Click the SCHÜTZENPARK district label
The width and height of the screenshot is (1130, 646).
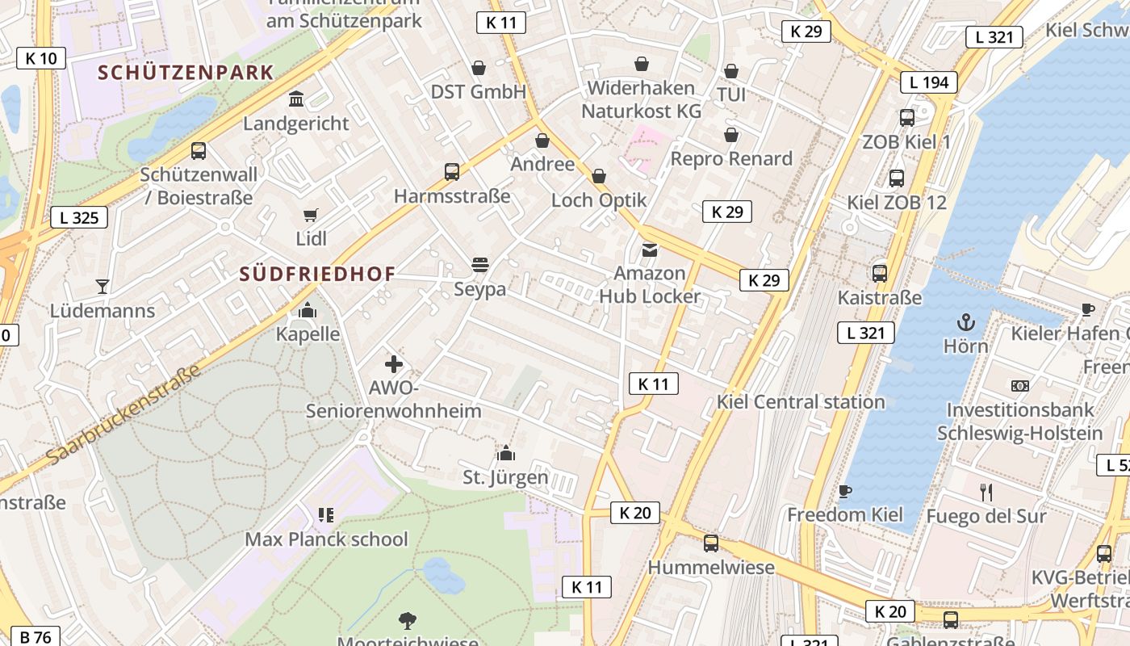[x=186, y=73]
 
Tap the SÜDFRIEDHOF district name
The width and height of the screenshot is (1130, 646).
[x=317, y=274]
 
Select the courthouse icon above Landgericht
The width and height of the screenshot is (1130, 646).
[x=296, y=99]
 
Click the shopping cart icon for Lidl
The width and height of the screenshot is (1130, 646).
[x=311, y=215]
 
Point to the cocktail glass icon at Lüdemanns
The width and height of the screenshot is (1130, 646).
[x=103, y=286]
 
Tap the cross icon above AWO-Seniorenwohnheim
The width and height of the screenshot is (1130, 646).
[x=393, y=364]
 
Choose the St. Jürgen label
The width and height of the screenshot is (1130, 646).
[x=505, y=477]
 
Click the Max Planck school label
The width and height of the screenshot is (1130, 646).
[x=326, y=539]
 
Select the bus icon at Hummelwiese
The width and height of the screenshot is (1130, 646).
[x=710, y=543]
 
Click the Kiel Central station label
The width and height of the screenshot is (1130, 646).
[x=801, y=401]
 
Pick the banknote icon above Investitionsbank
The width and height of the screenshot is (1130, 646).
[x=1020, y=386]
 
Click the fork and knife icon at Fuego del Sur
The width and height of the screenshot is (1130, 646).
[x=986, y=493]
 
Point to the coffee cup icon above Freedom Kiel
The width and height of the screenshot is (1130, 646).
[x=845, y=491]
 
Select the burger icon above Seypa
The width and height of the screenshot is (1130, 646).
[x=479, y=265]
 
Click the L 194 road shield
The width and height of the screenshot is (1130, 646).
[x=929, y=82]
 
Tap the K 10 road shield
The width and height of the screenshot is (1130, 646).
[x=41, y=58]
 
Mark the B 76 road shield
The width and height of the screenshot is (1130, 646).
[x=36, y=637]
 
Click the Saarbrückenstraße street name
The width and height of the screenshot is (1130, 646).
[x=123, y=417]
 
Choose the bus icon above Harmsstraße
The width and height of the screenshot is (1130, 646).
[x=452, y=172]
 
